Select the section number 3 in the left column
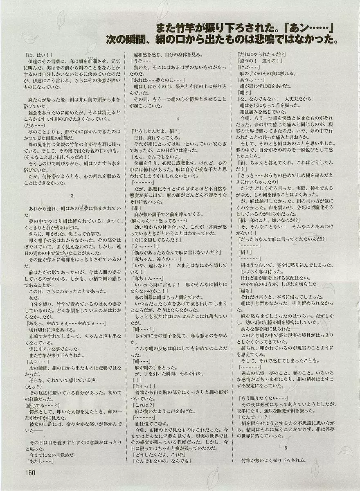pos(72,196)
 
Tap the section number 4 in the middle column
pos(178,119)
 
